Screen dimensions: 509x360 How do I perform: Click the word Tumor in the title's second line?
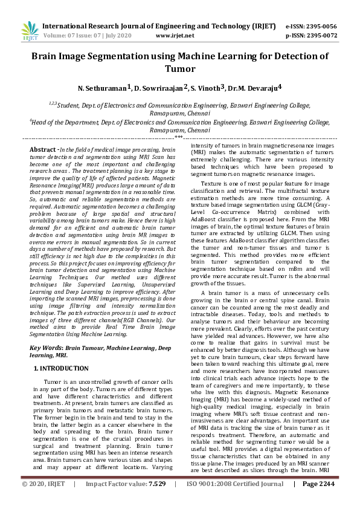click(179, 69)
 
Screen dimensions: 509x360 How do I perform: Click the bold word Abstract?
click(43, 149)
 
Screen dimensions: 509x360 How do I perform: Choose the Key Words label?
click(46, 348)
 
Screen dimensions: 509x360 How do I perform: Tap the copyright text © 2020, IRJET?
click(43, 501)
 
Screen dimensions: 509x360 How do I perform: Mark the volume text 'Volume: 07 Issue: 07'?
click(78, 35)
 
